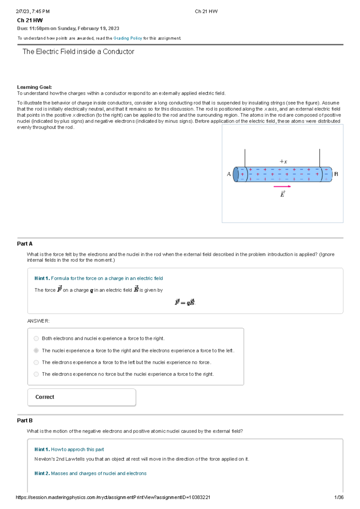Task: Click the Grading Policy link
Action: click(x=127, y=38)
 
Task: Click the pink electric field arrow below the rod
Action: click(x=282, y=186)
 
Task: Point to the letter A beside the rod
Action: click(x=229, y=174)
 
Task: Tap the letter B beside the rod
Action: click(x=336, y=174)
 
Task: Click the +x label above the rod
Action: click(x=283, y=162)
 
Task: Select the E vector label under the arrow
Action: click(x=282, y=194)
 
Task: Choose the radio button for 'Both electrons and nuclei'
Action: click(x=36, y=338)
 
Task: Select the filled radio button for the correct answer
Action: click(x=36, y=350)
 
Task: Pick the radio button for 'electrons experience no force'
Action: click(x=36, y=374)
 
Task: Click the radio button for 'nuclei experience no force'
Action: click(x=36, y=362)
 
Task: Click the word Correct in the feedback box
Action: click(x=45, y=397)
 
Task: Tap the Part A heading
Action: click(x=25, y=244)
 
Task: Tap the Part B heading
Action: click(x=25, y=421)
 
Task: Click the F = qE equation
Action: click(x=185, y=302)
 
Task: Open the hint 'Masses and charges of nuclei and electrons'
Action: click(x=99, y=473)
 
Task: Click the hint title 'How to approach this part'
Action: click(x=77, y=449)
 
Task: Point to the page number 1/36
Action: click(x=339, y=497)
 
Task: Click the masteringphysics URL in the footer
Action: click(x=113, y=497)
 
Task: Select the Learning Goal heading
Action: click(x=34, y=87)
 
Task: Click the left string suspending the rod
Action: click(x=245, y=158)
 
